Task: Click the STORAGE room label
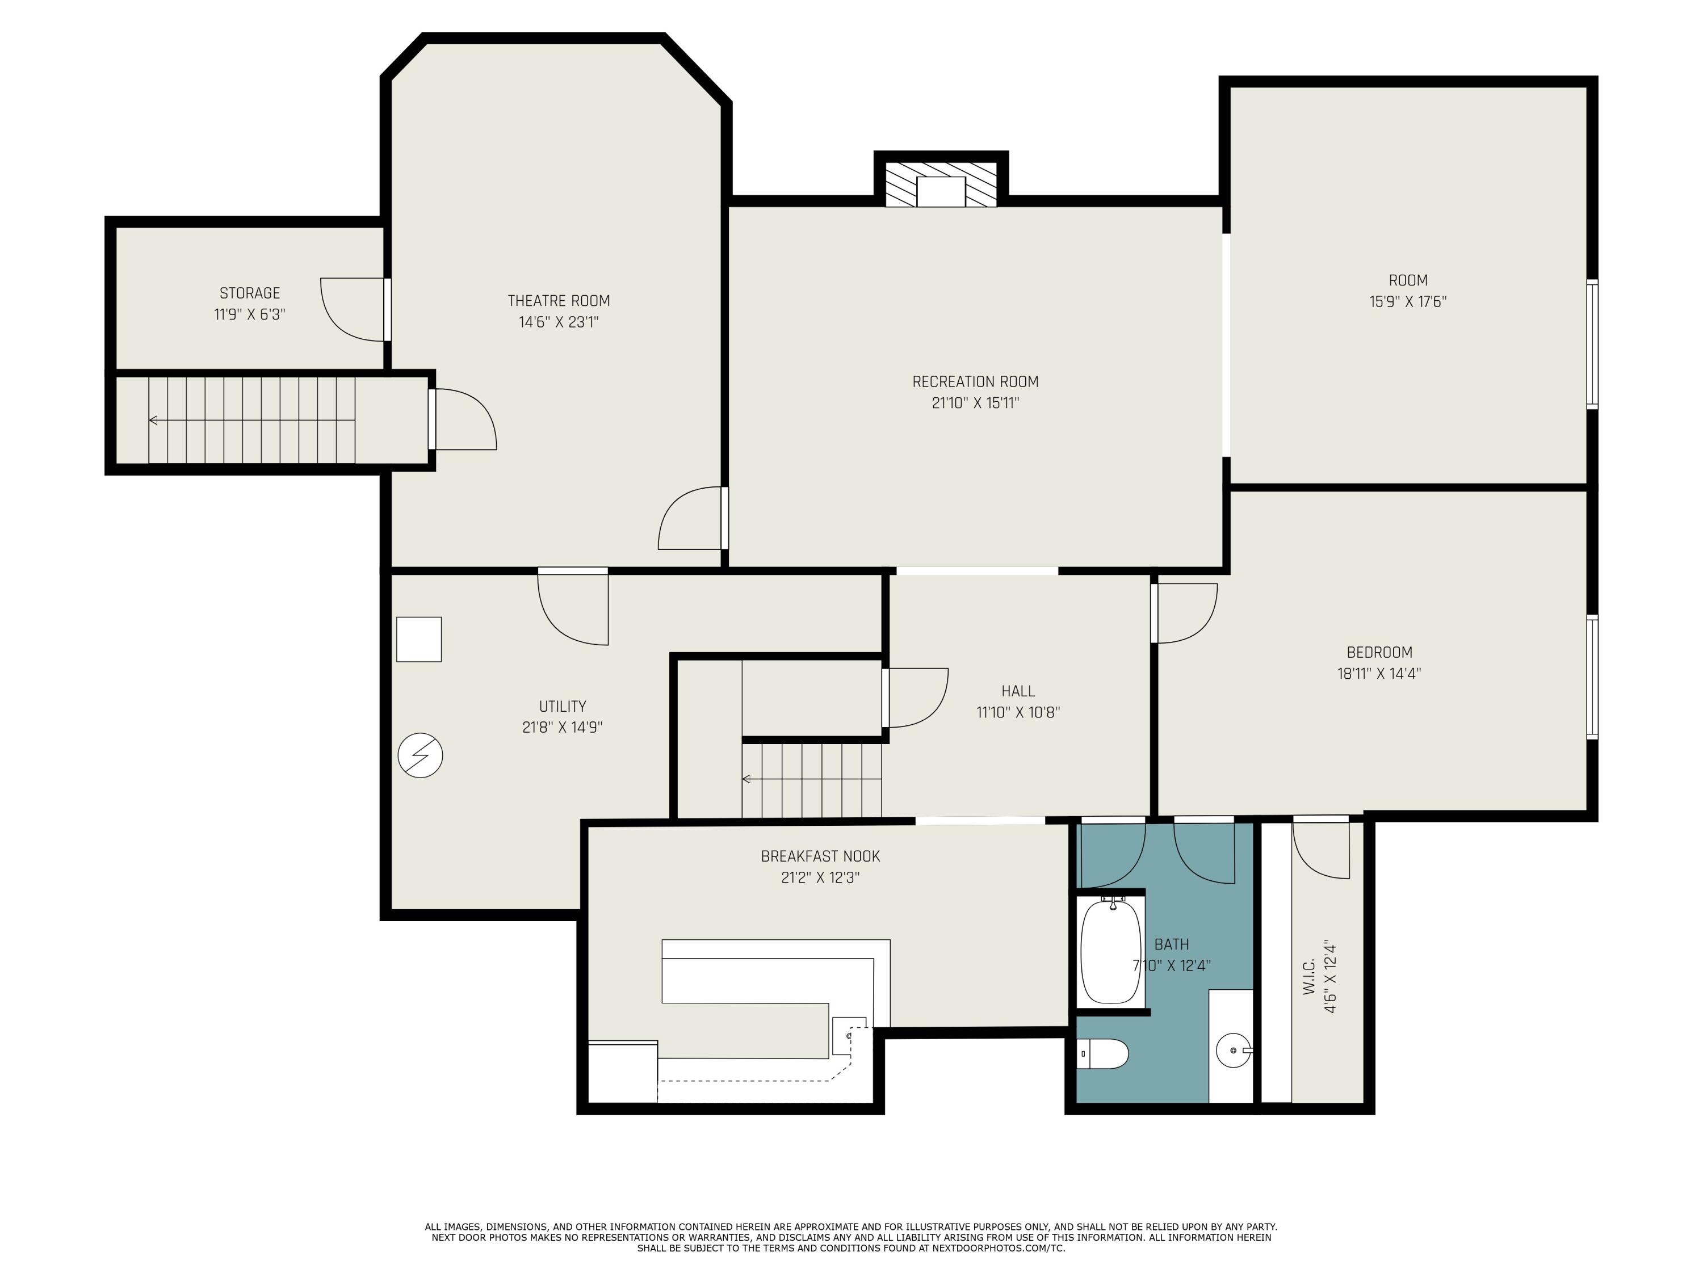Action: [249, 293]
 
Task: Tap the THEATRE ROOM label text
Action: [558, 301]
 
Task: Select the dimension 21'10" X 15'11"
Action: [975, 402]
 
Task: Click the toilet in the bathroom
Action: [1102, 1053]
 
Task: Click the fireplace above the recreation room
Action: [941, 184]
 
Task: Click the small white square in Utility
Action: [419, 639]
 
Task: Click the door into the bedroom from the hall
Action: [1184, 613]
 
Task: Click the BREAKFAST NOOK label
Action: [820, 856]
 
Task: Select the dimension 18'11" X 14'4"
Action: [1379, 674]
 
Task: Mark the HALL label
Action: [1018, 691]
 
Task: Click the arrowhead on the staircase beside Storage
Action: [154, 421]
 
